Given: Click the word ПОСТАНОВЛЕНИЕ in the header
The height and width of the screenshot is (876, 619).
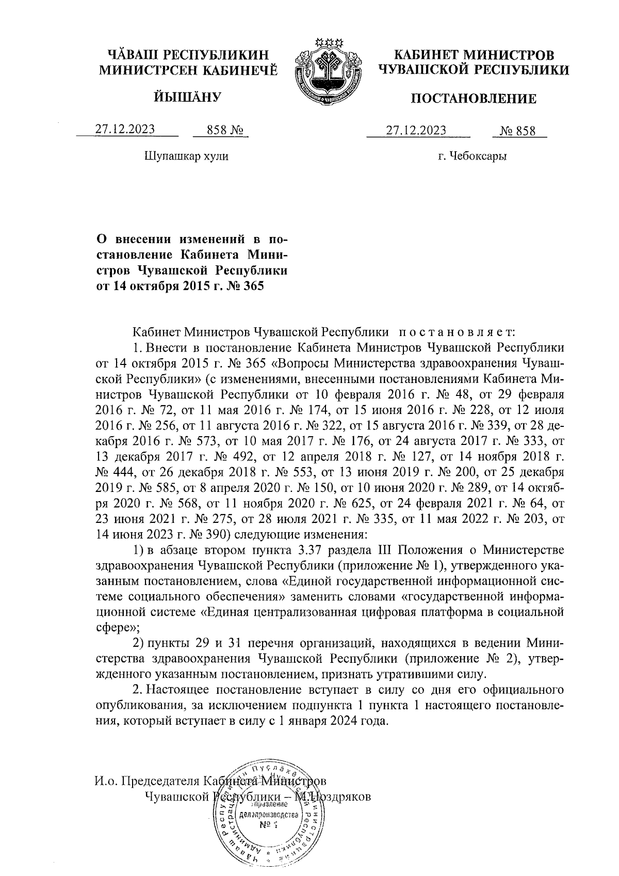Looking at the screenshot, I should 473,99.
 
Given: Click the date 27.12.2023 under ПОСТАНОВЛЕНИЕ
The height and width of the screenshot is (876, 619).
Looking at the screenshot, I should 416,130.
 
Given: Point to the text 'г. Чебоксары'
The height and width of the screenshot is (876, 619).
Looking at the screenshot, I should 473,156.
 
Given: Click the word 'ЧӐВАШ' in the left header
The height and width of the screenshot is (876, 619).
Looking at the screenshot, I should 128,54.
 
